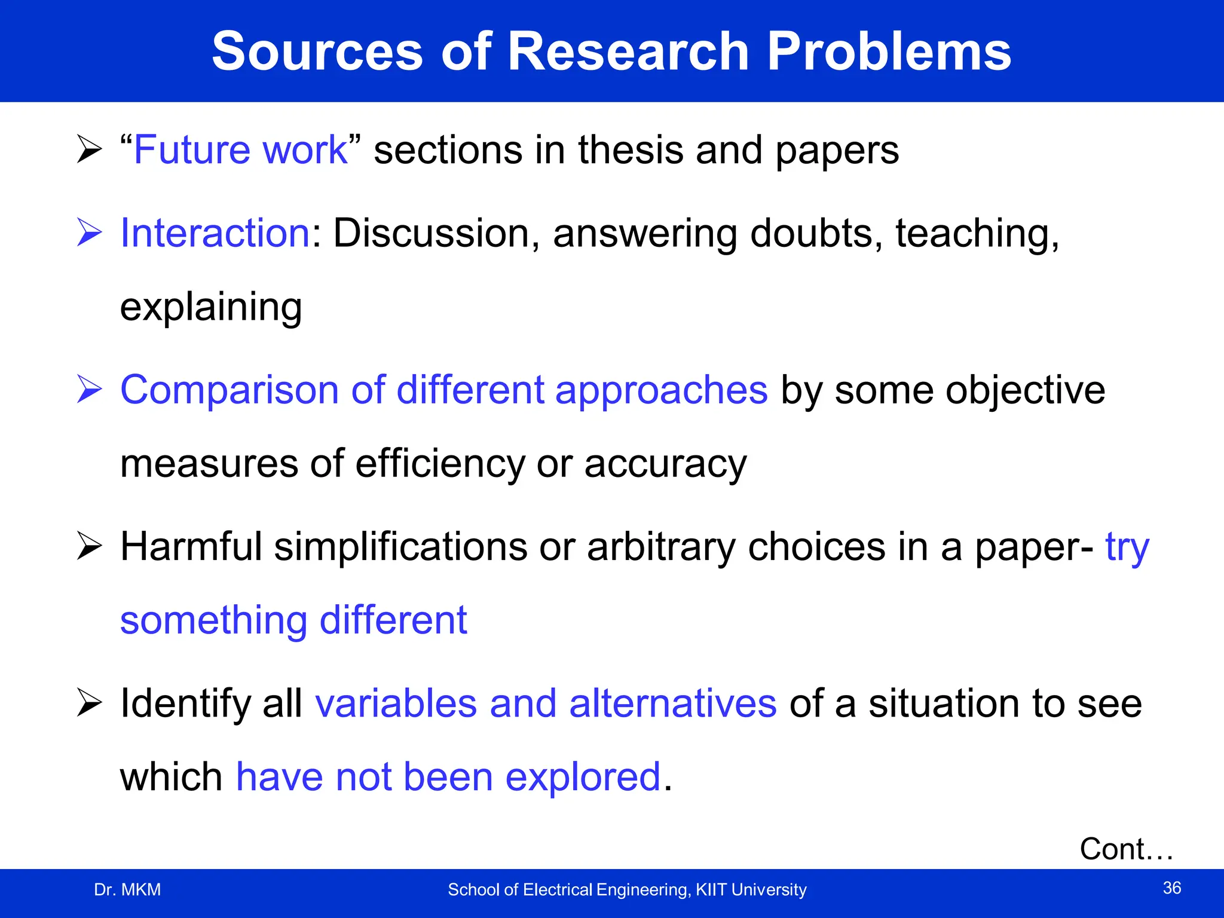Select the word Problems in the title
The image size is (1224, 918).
pyautogui.click(x=889, y=52)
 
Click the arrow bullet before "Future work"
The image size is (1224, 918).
pyautogui.click(x=90, y=149)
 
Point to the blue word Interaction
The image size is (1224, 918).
pyautogui.click(x=215, y=232)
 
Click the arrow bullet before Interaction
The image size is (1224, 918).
pyautogui.click(x=90, y=232)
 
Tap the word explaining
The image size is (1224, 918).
pyautogui.click(x=211, y=307)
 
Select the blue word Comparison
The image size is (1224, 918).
pyautogui.click(x=229, y=390)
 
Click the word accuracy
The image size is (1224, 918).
pyautogui.click(x=665, y=464)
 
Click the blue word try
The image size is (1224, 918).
pyautogui.click(x=1127, y=547)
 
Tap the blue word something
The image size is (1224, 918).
pyautogui.click(x=213, y=620)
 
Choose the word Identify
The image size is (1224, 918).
pyautogui.click(x=185, y=704)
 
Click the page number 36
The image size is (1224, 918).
pyautogui.click(x=1171, y=888)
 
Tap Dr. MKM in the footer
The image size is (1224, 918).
pyautogui.click(x=127, y=890)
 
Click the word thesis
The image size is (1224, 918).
pyautogui.click(x=630, y=149)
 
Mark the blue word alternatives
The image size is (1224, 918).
pyautogui.click(x=673, y=703)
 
